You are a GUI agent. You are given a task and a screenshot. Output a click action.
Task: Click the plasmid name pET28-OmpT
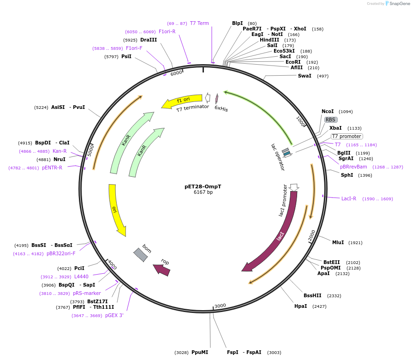[x=203, y=186]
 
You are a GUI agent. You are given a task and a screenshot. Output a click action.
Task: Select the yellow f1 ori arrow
[x=182, y=101]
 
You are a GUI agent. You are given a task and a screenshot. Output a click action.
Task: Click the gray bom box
[x=141, y=255]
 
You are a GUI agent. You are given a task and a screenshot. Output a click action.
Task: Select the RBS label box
[x=330, y=120]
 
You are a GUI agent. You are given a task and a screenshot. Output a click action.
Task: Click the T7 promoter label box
[x=347, y=136]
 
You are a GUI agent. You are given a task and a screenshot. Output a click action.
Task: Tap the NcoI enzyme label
[x=328, y=112]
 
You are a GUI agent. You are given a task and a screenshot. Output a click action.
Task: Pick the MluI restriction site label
[x=338, y=242]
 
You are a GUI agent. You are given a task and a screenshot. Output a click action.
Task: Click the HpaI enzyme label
[x=301, y=306]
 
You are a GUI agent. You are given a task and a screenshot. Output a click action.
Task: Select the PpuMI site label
[x=200, y=352]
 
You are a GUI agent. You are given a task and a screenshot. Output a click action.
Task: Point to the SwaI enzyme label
[x=305, y=76]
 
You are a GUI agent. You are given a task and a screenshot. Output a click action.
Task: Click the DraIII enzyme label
[x=149, y=40]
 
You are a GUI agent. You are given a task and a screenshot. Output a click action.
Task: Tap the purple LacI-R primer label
[x=349, y=198]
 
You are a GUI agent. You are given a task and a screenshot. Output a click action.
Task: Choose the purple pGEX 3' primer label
[x=114, y=315]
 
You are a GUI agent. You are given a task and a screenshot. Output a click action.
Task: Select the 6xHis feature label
[x=221, y=109]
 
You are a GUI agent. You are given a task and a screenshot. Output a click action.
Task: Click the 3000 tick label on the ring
[x=221, y=306]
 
